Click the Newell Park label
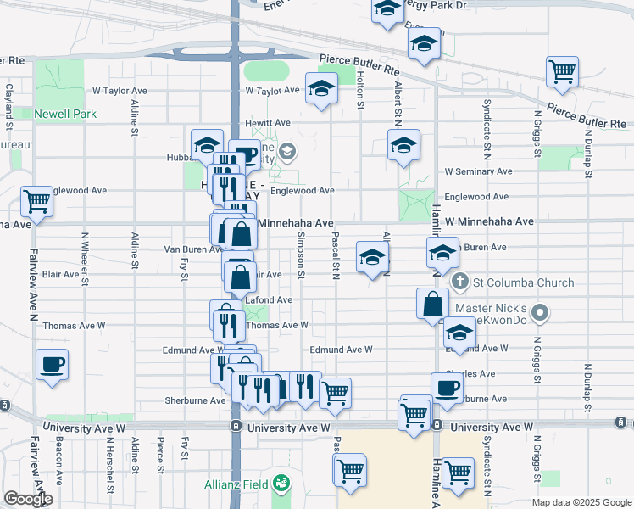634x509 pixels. pos(65,114)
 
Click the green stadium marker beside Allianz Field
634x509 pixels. pos(281,485)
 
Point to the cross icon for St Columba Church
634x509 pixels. pos(460,281)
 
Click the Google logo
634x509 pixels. pos(28,499)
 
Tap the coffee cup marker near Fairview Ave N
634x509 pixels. pos(53,366)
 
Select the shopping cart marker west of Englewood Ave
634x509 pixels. pos(37,202)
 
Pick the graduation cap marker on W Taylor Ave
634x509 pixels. pos(320,89)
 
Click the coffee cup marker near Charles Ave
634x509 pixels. pos(447,387)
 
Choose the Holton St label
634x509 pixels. pos(360,88)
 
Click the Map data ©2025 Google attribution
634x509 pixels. pos(581,502)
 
